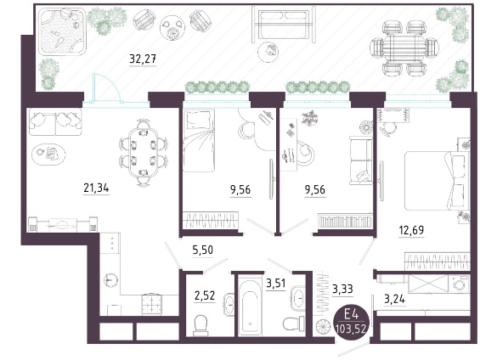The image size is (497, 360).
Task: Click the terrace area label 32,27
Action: (143, 59)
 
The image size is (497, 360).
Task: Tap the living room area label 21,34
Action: (96, 188)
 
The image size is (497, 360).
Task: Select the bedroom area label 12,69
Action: (411, 230)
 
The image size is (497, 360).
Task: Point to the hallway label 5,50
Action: (203, 250)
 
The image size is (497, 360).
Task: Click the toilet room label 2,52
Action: (205, 296)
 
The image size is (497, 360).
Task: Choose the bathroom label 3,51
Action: (276, 283)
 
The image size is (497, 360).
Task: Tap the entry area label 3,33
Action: (342, 289)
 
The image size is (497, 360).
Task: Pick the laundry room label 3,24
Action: (394, 299)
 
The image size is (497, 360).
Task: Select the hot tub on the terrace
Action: (62, 31)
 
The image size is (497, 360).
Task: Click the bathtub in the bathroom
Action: (250, 307)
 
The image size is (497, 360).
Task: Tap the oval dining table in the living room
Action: (144, 153)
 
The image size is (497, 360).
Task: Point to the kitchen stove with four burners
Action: (152, 305)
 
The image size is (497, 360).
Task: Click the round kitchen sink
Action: (110, 280)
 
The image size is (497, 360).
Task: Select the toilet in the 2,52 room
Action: (200, 325)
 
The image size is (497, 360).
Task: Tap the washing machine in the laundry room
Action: (460, 283)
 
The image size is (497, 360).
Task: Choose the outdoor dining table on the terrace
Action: (404, 48)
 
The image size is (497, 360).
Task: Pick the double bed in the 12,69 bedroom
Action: (437, 181)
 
